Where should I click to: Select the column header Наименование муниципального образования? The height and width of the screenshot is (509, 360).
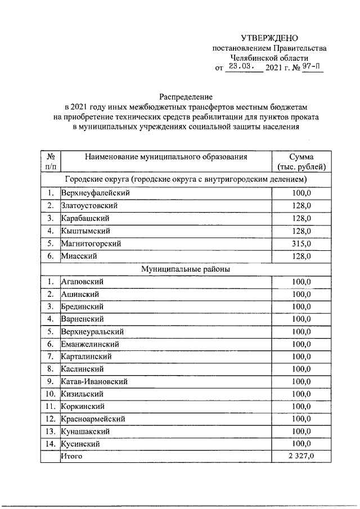click(x=166, y=157)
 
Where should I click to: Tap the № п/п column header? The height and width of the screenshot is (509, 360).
click(x=50, y=162)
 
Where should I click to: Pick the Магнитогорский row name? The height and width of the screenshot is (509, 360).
click(x=91, y=244)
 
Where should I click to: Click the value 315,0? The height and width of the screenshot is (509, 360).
click(x=301, y=244)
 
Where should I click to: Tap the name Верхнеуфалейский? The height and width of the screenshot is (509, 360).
click(x=96, y=193)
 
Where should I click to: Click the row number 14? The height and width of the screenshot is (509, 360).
click(x=50, y=444)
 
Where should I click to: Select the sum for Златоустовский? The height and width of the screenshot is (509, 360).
click(x=301, y=206)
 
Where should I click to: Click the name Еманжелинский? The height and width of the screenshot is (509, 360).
click(x=90, y=344)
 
